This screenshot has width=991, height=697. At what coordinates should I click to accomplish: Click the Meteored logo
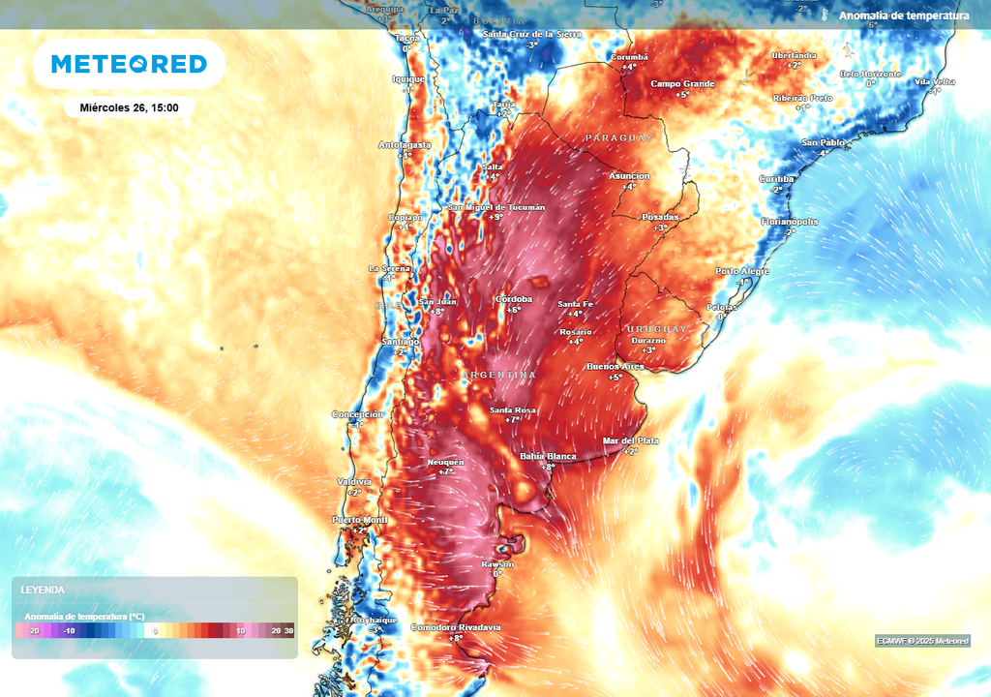pyautogui.click(x=129, y=64)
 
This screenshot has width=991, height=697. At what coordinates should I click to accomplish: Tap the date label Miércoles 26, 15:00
pyautogui.click(x=129, y=107)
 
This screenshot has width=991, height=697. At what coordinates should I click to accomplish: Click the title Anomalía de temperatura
pyautogui.click(x=903, y=15)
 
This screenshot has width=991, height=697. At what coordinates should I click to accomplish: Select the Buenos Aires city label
pyautogui.click(x=616, y=367)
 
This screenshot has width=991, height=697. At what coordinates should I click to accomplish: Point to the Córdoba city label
pyautogui.click(x=514, y=299)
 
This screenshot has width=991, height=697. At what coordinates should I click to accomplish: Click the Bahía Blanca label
pyautogui.click(x=548, y=456)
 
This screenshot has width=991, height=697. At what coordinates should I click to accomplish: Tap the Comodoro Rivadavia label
pyautogui.click(x=456, y=627)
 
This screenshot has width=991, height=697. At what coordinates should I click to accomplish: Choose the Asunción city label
pyautogui.click(x=629, y=176)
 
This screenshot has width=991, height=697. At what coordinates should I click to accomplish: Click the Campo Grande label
pyautogui.click(x=682, y=83)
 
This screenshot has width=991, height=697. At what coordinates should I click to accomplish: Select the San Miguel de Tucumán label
pyautogui.click(x=495, y=207)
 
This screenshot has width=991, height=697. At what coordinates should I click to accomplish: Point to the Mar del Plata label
pyautogui.click(x=630, y=440)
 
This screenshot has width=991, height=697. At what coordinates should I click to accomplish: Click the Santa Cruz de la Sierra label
pyautogui.click(x=531, y=34)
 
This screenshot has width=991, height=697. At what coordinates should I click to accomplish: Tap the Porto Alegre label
pyautogui.click(x=742, y=271)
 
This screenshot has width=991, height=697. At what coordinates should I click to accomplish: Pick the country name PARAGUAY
pyautogui.click(x=618, y=138)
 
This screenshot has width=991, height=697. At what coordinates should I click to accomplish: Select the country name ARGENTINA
pyautogui.click(x=498, y=375)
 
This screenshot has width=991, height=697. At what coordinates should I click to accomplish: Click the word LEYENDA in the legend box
pyautogui.click(x=43, y=590)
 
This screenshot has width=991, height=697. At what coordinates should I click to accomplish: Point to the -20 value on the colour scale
pyautogui.click(x=34, y=631)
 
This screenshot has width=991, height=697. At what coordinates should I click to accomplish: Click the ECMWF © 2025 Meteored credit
pyautogui.click(x=922, y=641)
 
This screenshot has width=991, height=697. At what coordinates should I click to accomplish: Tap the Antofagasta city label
pyautogui.click(x=404, y=145)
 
